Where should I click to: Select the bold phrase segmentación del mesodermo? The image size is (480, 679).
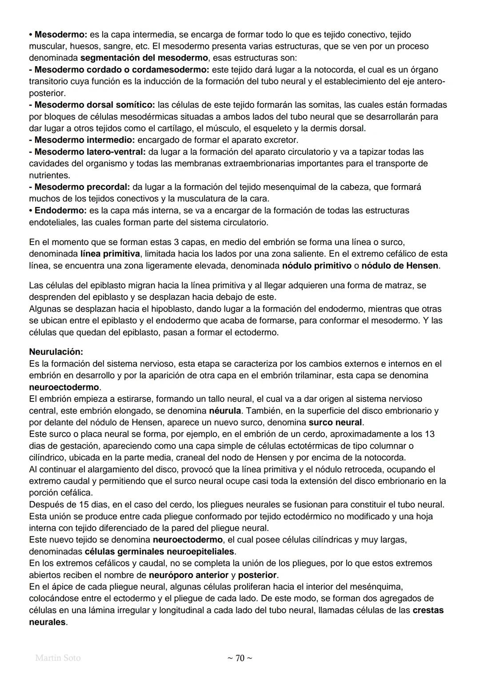click(x=144, y=58)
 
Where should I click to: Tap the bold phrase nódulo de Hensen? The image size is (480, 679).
click(x=400, y=266)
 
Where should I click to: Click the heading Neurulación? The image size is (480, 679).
click(x=56, y=352)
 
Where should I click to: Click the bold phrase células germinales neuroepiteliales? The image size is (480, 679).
click(x=159, y=551)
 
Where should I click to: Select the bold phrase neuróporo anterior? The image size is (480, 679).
click(x=188, y=575)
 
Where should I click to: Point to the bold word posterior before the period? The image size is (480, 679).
click(x=257, y=575)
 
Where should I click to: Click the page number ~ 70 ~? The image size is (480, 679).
click(x=240, y=658)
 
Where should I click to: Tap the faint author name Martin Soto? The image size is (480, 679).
click(x=58, y=658)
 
